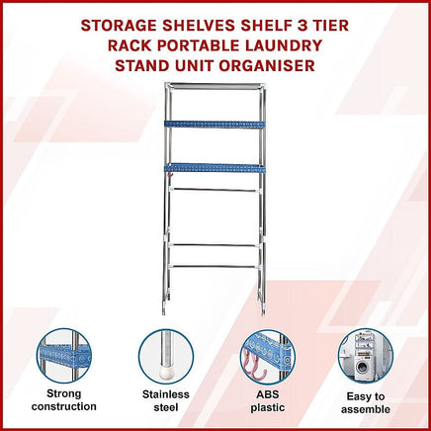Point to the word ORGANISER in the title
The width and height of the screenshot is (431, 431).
point(267,65)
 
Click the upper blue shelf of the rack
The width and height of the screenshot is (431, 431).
point(215,125)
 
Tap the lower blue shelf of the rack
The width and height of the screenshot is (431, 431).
point(215,168)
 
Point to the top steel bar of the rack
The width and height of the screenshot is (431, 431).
point(215,86)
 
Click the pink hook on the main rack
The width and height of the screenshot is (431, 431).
point(170,176)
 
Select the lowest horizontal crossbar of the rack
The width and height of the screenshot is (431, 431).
point(214,266)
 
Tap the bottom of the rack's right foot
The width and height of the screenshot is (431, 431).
point(263,312)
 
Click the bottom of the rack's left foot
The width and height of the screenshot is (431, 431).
point(164,312)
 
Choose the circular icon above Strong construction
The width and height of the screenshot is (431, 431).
point(64,356)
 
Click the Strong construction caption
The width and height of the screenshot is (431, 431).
point(64,400)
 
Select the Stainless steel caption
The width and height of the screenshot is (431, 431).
point(166,400)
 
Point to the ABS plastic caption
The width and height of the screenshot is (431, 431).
point(268,400)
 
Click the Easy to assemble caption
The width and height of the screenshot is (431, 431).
point(366,402)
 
